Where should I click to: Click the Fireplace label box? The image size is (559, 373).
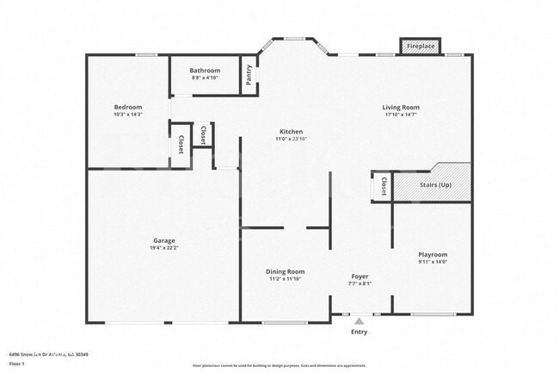coord(421,46)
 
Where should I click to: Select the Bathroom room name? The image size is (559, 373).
coord(205,70)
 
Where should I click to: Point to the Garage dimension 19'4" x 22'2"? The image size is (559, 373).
coord(164,248)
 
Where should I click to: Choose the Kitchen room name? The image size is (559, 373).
coord(291,132)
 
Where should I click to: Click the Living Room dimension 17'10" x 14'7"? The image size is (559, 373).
coord(401,115)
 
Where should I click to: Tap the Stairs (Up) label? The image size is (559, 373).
coord(434,184)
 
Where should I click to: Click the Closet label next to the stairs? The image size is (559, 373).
coord(382,185)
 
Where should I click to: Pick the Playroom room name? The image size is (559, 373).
coord(433,254)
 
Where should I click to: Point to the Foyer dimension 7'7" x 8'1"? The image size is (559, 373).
coord(359,283)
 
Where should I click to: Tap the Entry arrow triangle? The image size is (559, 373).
coord(359,320)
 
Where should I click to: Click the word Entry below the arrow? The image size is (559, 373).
coord(359,332)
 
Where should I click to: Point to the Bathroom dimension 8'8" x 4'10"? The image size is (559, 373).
coord(205,78)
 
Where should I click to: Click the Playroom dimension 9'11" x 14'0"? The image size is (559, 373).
coord(433,262)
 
